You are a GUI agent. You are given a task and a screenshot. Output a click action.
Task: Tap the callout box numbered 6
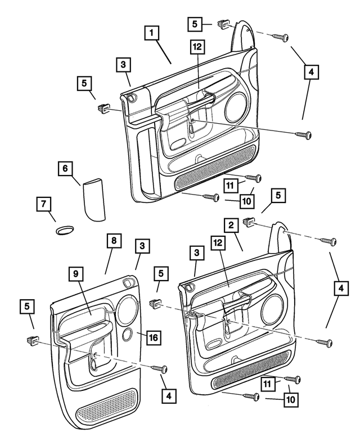click(65, 168)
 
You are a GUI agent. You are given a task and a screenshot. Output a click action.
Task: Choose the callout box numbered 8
click(113, 241)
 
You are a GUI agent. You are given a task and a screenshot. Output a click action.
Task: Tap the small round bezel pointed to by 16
click(128, 336)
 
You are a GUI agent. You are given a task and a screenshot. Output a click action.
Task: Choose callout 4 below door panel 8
click(167, 395)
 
